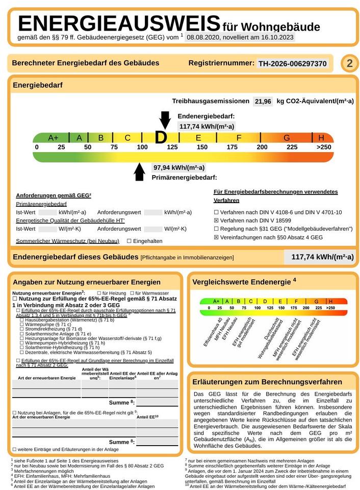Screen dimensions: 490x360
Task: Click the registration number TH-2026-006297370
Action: coord(292,64)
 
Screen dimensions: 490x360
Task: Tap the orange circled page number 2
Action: coord(349,63)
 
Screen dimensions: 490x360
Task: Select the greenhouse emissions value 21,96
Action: coord(263,101)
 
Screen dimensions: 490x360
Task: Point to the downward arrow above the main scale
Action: coord(165,120)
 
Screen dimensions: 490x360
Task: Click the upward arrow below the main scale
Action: coord(139,172)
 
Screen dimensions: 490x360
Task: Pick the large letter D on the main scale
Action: coord(161,137)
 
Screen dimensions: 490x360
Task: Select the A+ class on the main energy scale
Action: coord(53,138)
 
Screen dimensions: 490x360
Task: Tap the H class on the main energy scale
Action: coord(321,138)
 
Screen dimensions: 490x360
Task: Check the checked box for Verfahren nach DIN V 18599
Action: coord(216,220)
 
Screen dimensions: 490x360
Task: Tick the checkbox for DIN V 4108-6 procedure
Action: coord(216,212)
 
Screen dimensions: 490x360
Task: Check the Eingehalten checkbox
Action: coord(129,241)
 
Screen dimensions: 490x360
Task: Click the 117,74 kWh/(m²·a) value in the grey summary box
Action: coord(322,257)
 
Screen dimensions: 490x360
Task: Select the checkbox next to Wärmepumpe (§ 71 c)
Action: coord(22,324)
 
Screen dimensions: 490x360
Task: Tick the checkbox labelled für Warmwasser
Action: coord(132,293)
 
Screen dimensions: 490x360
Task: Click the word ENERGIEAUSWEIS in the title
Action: coord(119,23)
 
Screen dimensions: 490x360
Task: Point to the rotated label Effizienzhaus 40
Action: coord(213,332)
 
